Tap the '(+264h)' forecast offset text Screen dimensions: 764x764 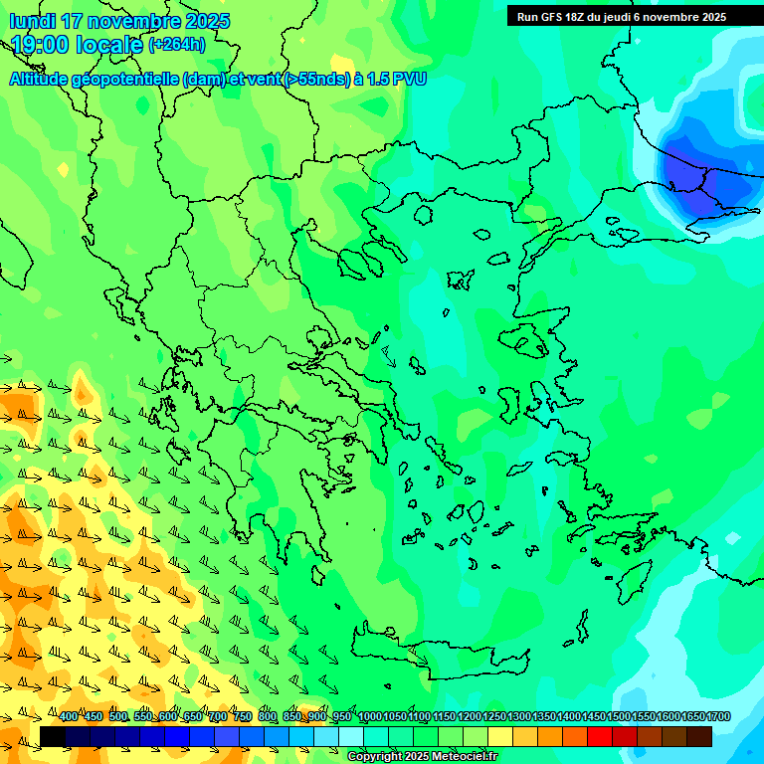[177, 45]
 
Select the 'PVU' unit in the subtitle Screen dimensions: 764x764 [409, 80]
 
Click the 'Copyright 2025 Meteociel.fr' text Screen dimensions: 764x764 [422, 756]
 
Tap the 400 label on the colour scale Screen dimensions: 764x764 [69, 717]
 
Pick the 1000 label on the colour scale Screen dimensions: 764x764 [369, 717]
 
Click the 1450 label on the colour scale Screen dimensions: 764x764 [594, 717]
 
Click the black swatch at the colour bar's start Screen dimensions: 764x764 [53, 736]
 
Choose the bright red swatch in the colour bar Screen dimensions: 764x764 [600, 736]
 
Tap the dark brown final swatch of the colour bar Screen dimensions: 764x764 [699, 736]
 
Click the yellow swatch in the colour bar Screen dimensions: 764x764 [500, 736]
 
